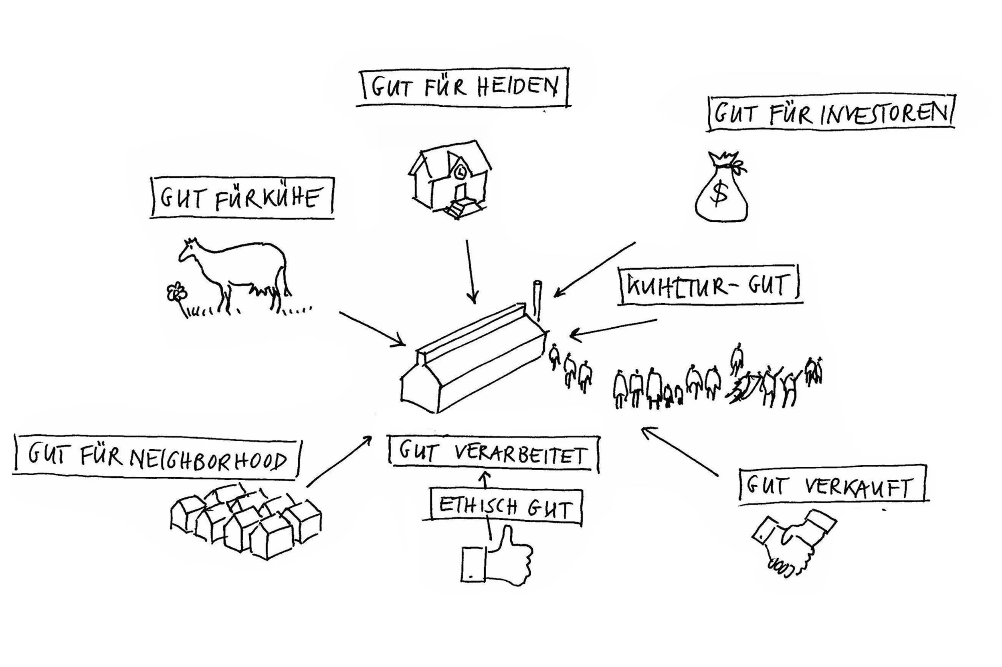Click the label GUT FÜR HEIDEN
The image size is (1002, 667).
coord(463,87)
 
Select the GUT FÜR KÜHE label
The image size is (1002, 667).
coord(241,198)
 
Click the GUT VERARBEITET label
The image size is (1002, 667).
coord(493,454)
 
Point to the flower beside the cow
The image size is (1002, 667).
coord(176,293)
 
